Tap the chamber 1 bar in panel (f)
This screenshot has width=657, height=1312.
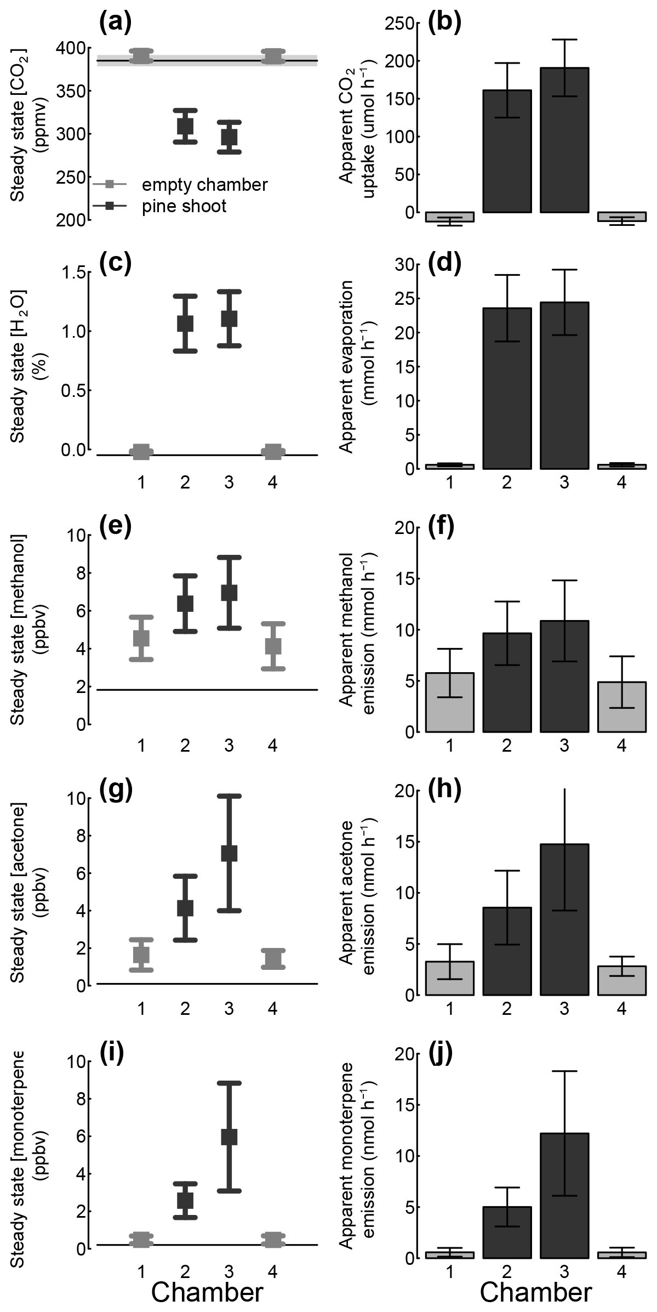[450, 702]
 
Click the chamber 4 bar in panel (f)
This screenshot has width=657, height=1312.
[622, 707]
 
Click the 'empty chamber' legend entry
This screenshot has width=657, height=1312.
[204, 185]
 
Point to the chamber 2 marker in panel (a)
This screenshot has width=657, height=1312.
[185, 126]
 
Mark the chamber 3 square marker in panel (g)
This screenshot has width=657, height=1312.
[229, 853]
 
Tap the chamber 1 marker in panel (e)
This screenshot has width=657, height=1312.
[141, 638]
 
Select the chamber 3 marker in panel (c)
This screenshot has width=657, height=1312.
[229, 319]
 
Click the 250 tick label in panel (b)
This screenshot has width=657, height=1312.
[399, 24]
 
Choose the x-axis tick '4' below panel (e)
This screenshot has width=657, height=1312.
[273, 746]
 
